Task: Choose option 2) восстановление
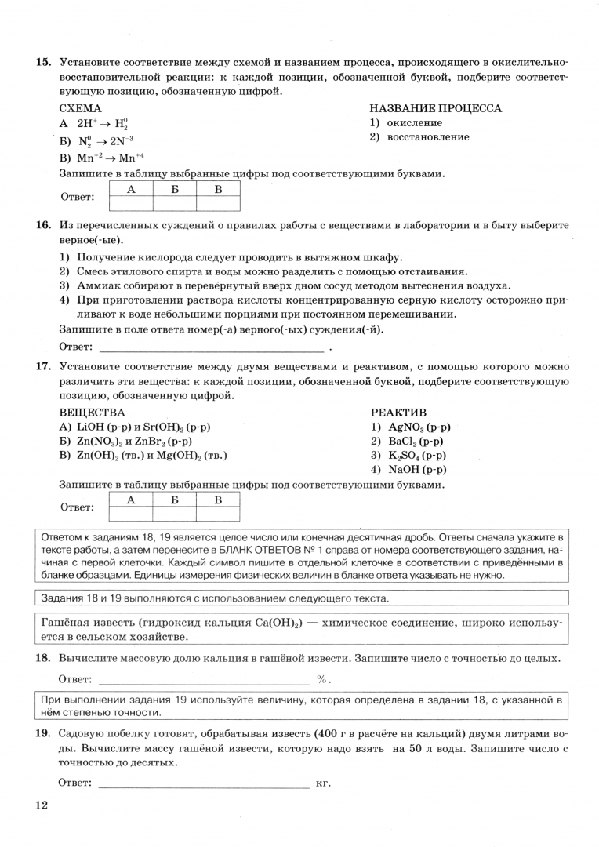419,137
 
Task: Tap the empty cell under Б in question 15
175,204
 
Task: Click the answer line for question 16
211,346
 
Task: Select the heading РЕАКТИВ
398,413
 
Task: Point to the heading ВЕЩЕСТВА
92,413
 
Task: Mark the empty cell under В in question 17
218,514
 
